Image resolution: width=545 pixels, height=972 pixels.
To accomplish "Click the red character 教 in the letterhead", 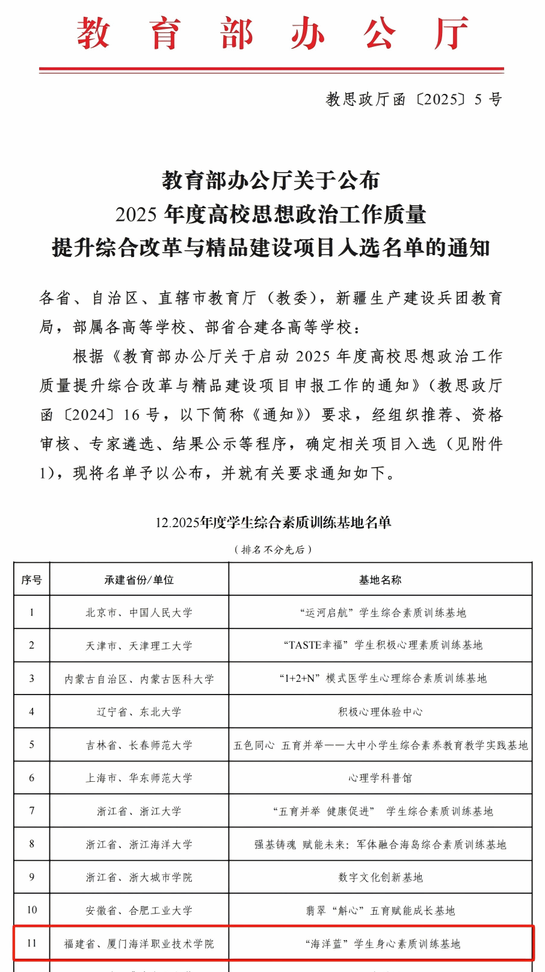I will [x=93, y=34].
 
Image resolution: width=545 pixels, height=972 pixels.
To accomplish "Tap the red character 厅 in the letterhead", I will [x=452, y=34].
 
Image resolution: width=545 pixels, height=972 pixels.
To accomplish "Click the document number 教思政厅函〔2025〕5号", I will [x=413, y=99].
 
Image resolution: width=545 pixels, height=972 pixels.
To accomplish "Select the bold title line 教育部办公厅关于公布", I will [x=271, y=180].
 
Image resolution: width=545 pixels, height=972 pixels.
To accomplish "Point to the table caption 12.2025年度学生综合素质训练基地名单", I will [x=273, y=522].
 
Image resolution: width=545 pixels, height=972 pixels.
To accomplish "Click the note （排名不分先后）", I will [x=273, y=549].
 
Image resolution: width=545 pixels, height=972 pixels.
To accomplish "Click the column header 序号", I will [x=32, y=580].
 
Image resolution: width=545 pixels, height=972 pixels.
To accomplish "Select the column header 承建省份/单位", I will [x=139, y=580].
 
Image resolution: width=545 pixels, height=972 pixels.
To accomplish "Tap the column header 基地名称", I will [x=380, y=580].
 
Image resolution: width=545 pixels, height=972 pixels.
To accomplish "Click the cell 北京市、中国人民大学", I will [x=139, y=613].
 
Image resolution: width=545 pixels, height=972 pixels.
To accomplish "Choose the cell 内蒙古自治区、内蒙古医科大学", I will [x=139, y=679].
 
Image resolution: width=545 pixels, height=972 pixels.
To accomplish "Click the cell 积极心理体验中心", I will [x=380, y=712].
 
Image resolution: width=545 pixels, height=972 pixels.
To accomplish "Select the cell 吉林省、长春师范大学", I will [x=139, y=745].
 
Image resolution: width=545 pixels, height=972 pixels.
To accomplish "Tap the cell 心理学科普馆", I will [x=380, y=778].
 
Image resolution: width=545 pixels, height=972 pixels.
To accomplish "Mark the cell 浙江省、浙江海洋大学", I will [x=139, y=844].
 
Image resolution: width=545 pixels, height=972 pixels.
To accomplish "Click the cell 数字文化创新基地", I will [x=380, y=878].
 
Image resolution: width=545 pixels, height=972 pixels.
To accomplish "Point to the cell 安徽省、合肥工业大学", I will [x=139, y=911].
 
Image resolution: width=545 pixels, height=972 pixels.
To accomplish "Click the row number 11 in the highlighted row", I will [x=32, y=943].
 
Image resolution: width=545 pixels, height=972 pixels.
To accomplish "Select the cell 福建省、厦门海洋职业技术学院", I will [x=139, y=944].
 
